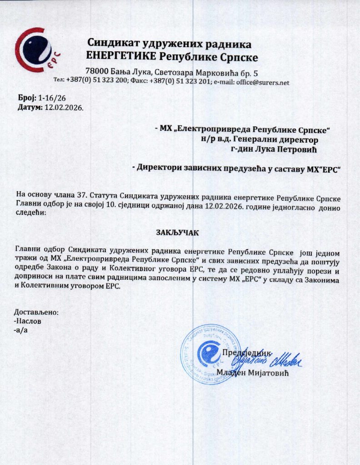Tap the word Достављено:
tap(37, 312)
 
